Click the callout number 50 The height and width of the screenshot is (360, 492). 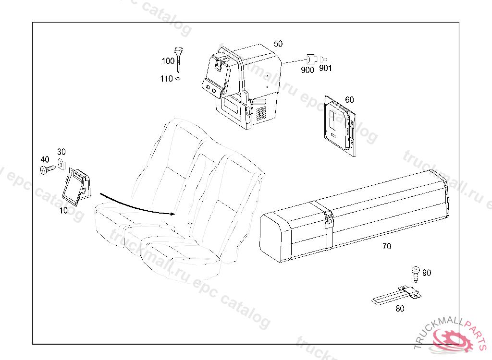(278, 44)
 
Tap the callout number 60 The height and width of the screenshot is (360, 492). (349, 100)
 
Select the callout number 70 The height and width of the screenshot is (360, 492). (387, 247)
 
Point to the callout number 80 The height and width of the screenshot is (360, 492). (400, 309)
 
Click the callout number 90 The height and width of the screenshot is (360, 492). (427, 273)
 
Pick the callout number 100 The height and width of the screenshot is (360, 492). (168, 61)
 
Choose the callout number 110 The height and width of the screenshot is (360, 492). (166, 79)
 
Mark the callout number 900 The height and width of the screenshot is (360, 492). (307, 70)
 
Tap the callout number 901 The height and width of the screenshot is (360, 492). (325, 68)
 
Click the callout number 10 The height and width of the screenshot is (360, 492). (63, 210)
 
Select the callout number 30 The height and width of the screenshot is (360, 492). (61, 152)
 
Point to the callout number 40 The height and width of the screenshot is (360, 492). (44, 159)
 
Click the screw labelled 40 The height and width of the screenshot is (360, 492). (47, 169)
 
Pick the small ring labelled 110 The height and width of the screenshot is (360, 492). (178, 79)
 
